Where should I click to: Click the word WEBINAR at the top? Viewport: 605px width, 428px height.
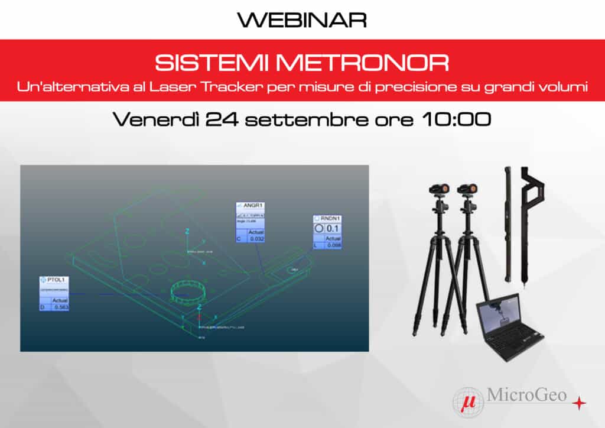302,20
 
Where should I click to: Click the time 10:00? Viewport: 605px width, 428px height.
457,119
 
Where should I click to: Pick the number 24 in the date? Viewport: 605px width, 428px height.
222,119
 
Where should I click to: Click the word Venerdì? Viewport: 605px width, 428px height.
155,119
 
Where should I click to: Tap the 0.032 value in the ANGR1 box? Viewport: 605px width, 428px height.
256,239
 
